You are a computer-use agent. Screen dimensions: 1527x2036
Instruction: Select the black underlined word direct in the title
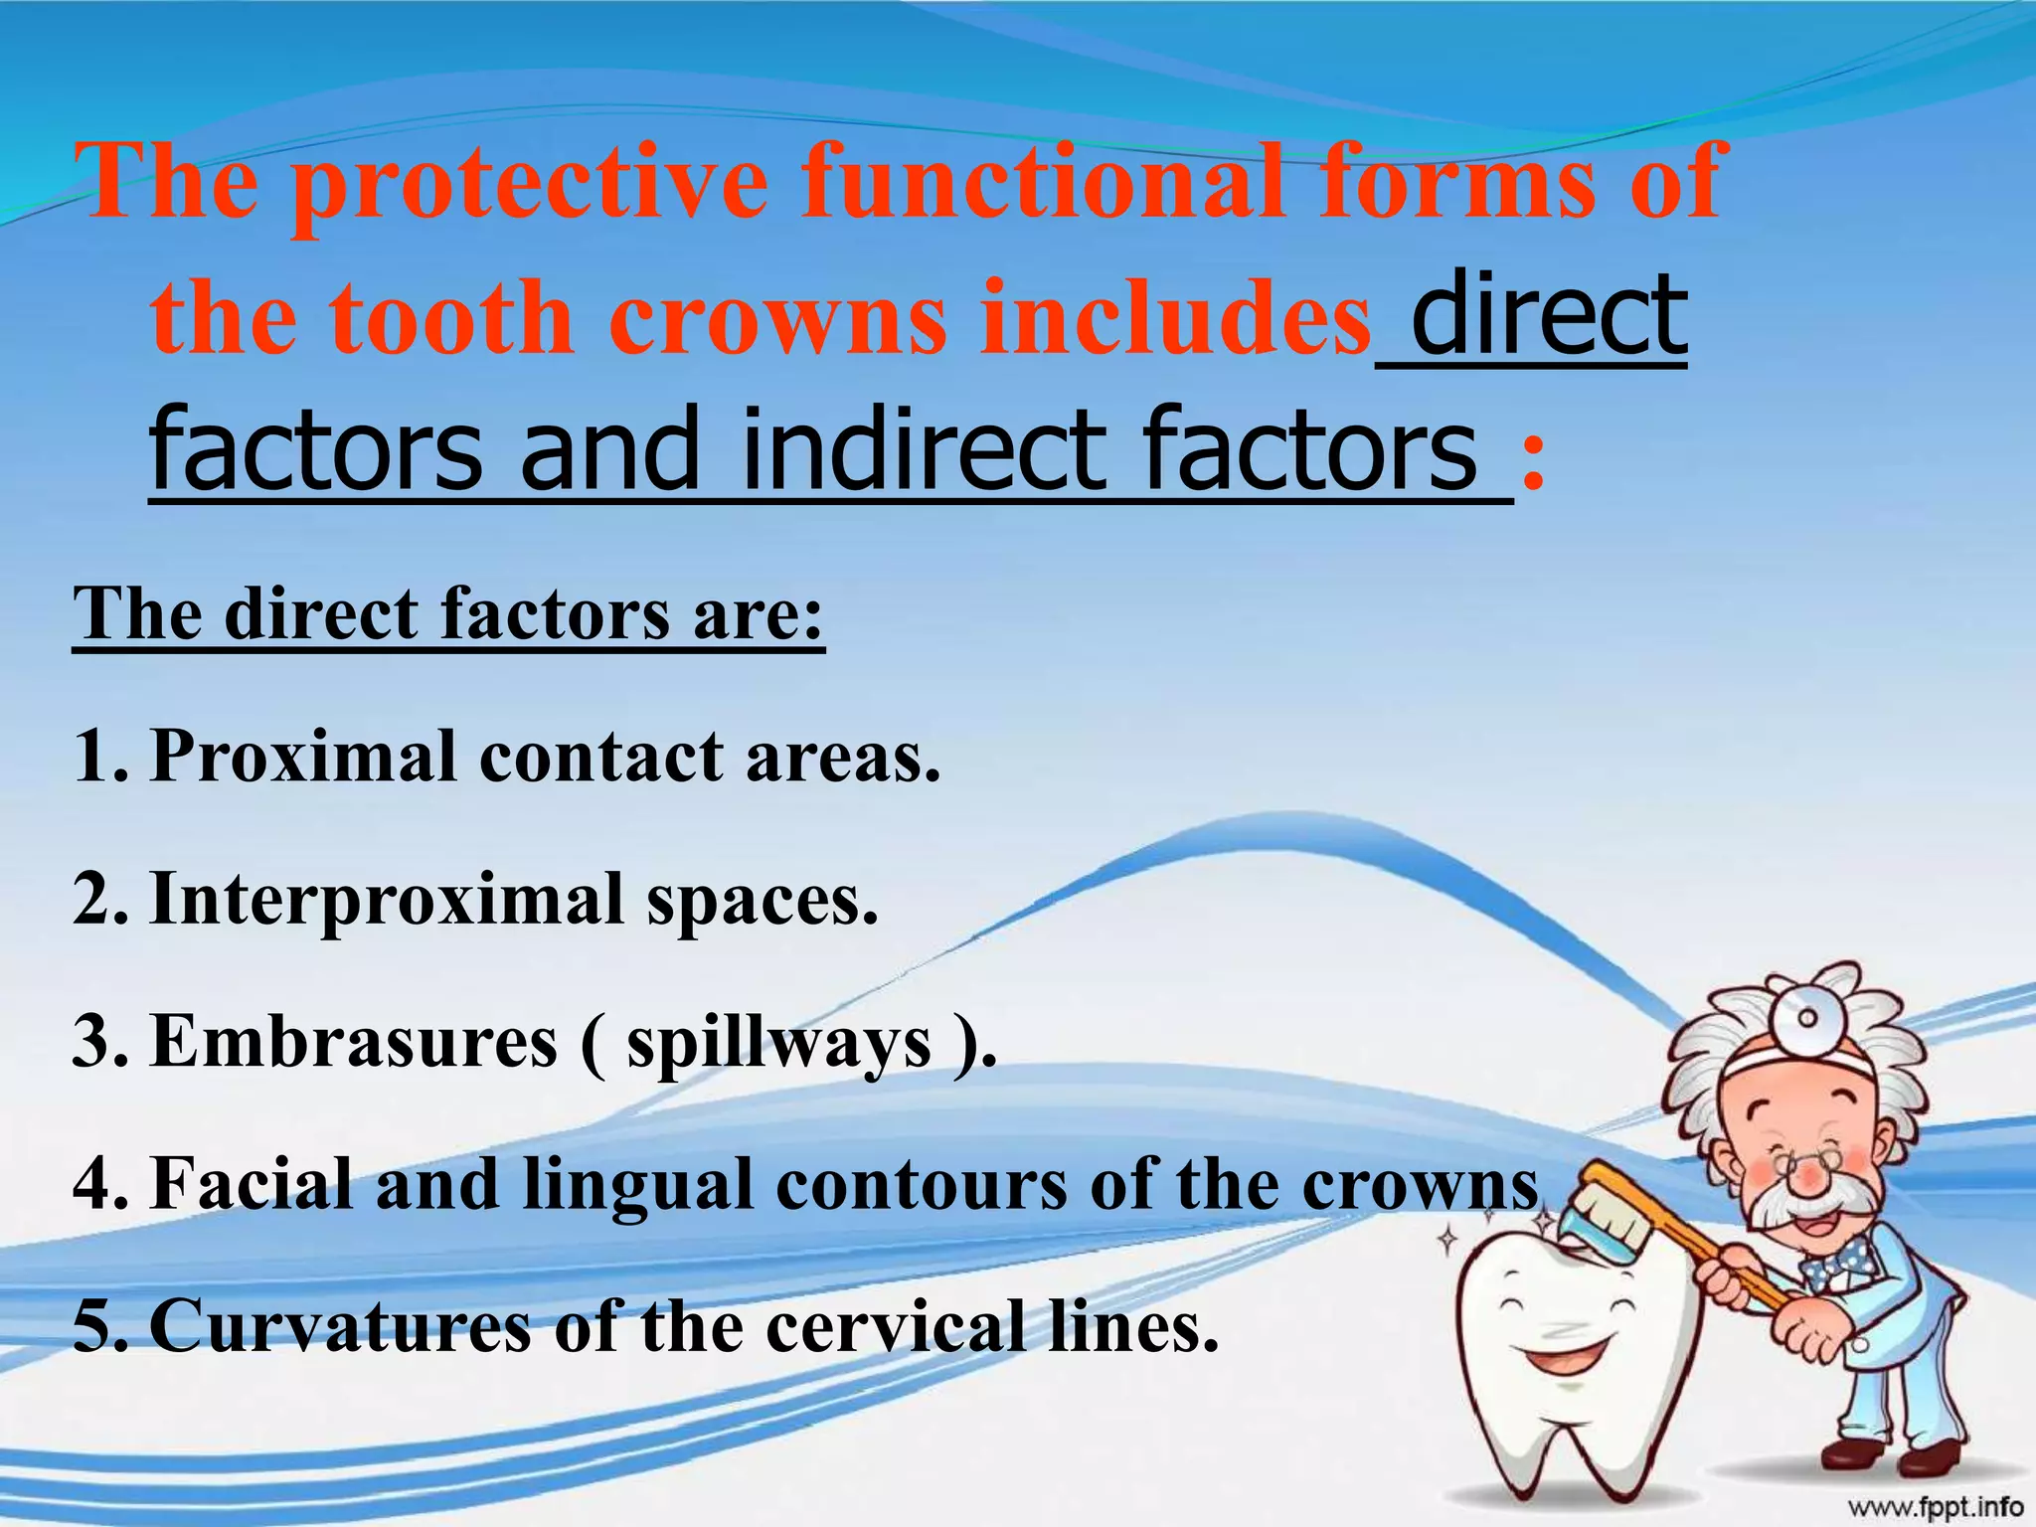[1548, 316]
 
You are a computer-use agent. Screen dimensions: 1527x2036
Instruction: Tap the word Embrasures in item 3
[354, 1042]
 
